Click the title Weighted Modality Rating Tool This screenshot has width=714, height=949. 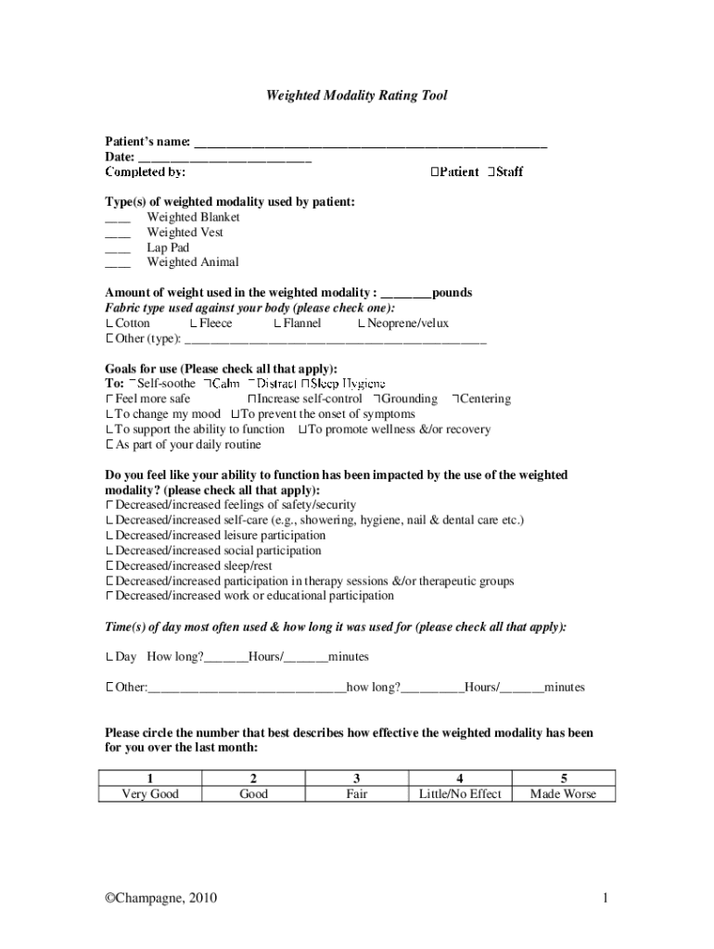click(x=357, y=95)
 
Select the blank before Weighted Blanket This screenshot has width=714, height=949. click(x=118, y=219)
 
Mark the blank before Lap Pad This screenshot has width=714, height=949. click(x=118, y=249)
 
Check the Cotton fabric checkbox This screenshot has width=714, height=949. click(x=109, y=323)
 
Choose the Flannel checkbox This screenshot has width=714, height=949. click(x=277, y=323)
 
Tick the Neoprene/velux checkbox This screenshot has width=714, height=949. click(x=362, y=323)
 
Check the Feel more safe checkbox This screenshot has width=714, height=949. click(x=109, y=399)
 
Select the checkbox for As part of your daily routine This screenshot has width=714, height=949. click(x=109, y=445)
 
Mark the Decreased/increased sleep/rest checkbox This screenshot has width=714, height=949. click(x=109, y=565)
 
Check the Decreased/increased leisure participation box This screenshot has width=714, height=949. click(x=109, y=536)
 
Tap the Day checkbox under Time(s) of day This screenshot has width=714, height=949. click(x=109, y=657)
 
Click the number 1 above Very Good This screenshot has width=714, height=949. click(x=151, y=778)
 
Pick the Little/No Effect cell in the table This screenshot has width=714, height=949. click(x=460, y=794)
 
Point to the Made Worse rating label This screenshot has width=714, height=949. click(x=563, y=794)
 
